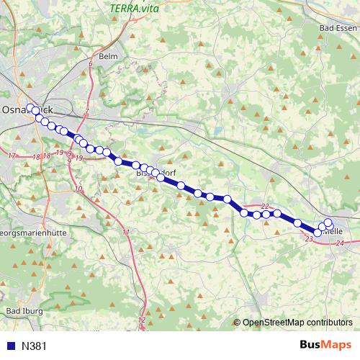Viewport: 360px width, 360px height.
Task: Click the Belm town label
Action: (x=109, y=55)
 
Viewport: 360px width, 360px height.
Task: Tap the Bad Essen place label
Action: (x=333, y=27)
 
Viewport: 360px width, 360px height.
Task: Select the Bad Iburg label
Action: (x=24, y=311)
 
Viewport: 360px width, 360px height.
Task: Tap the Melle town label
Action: (x=333, y=232)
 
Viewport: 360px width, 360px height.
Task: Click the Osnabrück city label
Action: (x=29, y=109)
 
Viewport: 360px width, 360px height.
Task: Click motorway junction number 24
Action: (x=339, y=245)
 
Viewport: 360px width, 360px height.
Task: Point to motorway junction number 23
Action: (x=309, y=238)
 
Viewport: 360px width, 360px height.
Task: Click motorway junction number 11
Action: (x=126, y=232)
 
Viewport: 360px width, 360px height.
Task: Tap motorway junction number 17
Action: (x=12, y=156)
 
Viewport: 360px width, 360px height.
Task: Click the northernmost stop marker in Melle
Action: (x=328, y=222)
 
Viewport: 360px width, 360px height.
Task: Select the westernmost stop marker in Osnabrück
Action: (x=30, y=108)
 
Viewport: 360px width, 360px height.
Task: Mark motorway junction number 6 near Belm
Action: (x=91, y=65)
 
